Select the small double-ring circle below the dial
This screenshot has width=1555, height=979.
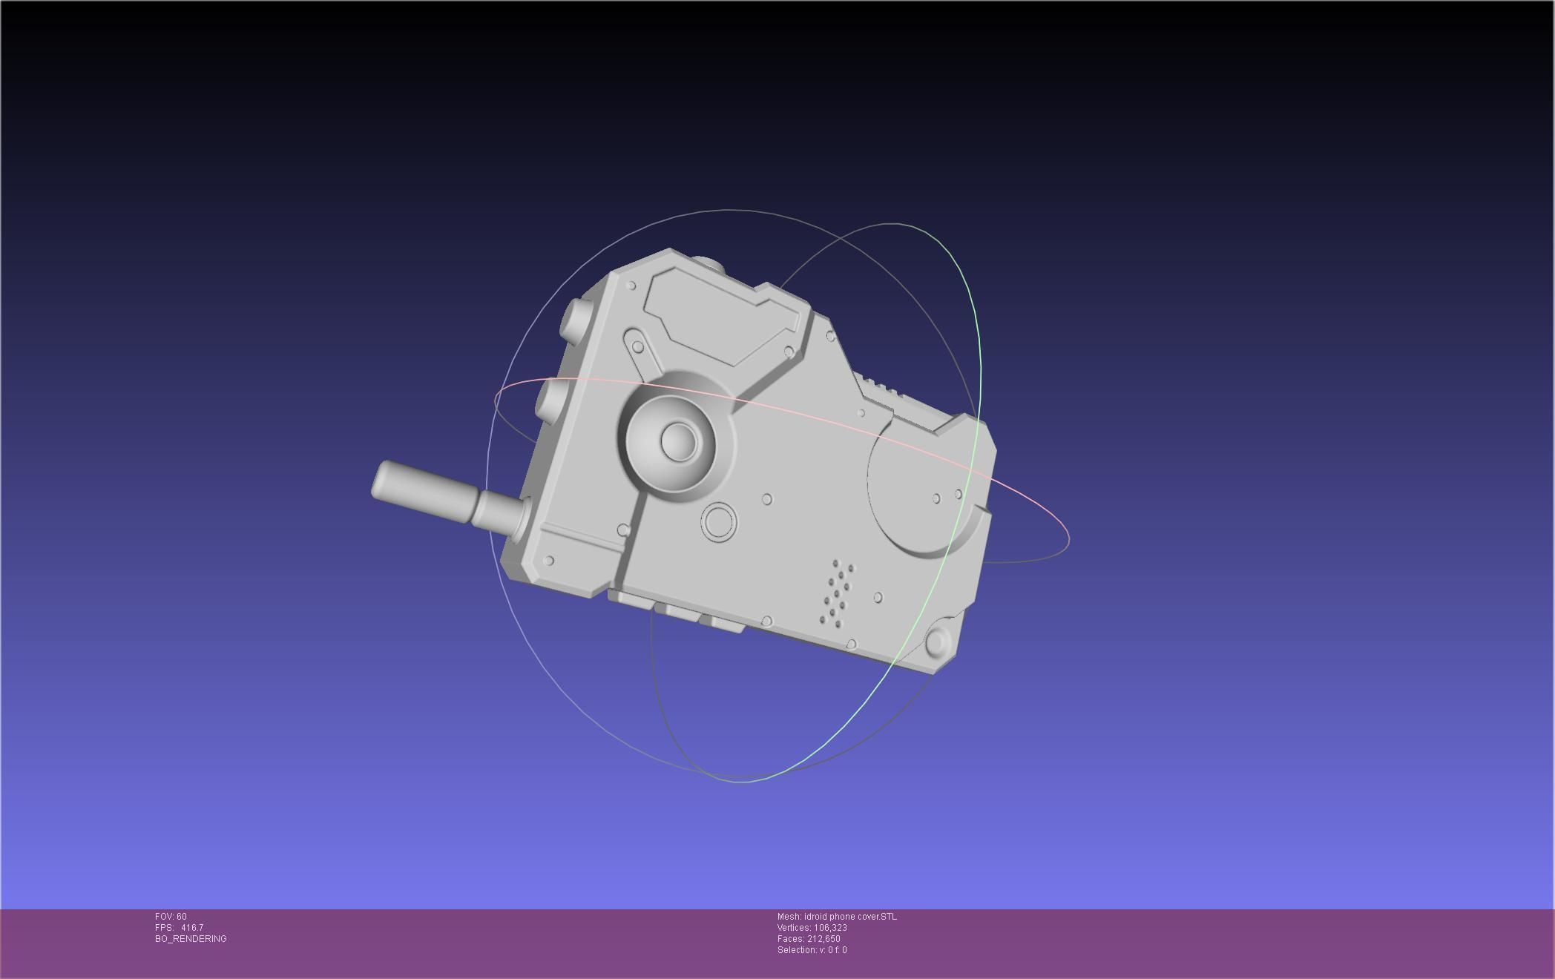click(x=718, y=522)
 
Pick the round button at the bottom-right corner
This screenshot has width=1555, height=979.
click(x=938, y=642)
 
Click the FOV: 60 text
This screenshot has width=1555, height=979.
click(x=171, y=917)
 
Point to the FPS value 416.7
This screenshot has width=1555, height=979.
click(x=191, y=928)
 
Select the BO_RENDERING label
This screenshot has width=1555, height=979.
click(x=191, y=939)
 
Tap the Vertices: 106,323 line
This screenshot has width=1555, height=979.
click(x=812, y=928)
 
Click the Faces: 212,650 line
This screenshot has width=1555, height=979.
click(x=809, y=939)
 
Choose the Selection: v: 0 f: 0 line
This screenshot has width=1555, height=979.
click(x=812, y=950)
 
